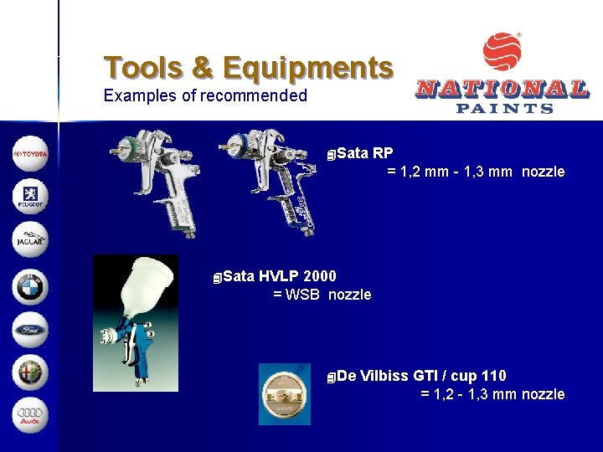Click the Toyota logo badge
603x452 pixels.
click(x=30, y=154)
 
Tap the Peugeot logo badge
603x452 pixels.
click(x=30, y=198)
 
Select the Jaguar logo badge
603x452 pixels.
click(x=30, y=240)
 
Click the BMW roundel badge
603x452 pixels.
click(x=30, y=285)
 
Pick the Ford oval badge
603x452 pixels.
click(x=30, y=329)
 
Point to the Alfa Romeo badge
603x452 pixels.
click(x=30, y=372)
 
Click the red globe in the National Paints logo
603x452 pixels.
click(x=502, y=53)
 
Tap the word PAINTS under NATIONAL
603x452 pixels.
click(x=504, y=107)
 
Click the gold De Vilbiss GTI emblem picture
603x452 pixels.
click(x=284, y=393)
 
